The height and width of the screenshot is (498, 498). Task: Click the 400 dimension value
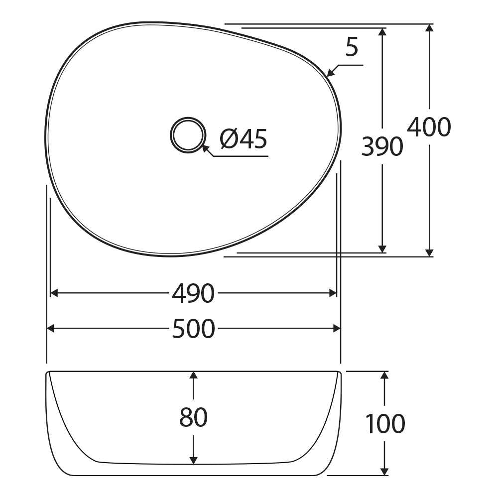point(429,126)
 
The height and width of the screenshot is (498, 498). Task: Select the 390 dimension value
point(382,146)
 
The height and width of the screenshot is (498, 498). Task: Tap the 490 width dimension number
point(193,293)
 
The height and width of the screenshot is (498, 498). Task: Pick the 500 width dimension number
point(193,328)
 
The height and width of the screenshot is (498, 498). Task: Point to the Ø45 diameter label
point(244,139)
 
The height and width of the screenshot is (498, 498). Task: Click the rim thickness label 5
point(352,47)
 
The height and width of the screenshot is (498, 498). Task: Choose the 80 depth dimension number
point(193,417)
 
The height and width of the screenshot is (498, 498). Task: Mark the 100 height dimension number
point(385,423)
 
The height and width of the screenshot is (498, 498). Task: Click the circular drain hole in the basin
point(187,134)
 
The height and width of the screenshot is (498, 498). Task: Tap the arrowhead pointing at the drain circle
point(206,149)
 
